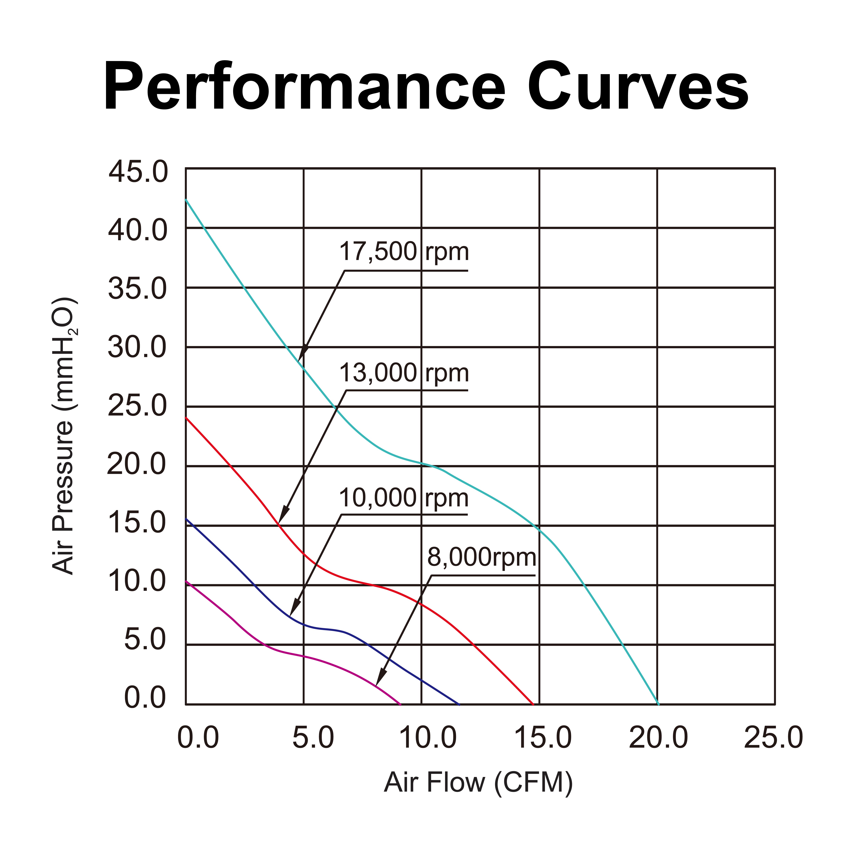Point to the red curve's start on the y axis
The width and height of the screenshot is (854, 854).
coord(186,418)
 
